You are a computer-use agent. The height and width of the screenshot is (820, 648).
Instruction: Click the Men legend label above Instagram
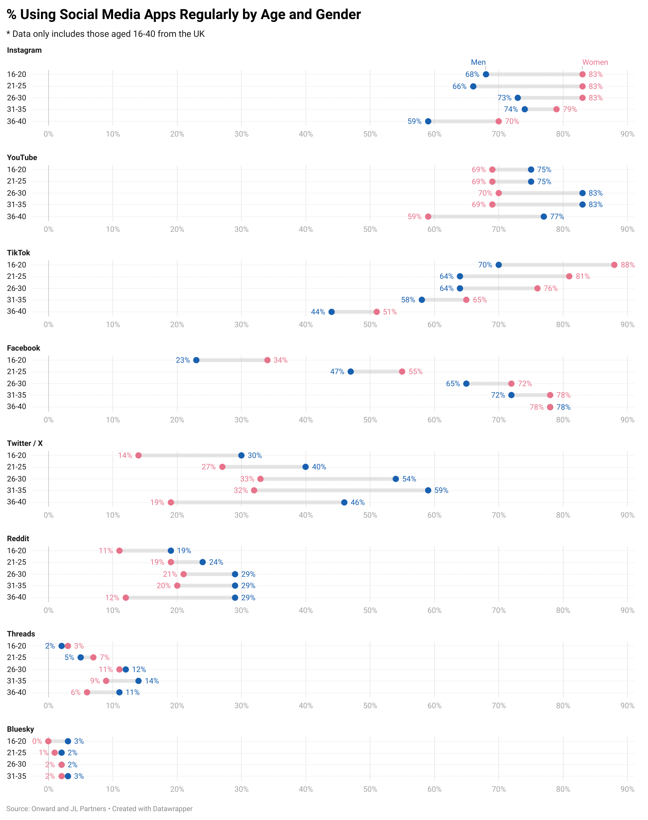point(478,62)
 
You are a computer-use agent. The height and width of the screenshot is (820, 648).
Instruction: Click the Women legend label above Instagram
point(595,62)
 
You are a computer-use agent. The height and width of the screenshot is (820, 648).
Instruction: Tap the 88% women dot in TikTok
point(614,265)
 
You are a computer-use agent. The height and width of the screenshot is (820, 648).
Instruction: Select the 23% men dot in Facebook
point(196,360)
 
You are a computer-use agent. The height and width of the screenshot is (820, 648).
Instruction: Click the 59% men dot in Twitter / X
point(428,490)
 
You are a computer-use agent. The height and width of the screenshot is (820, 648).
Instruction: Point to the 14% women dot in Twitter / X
point(138,455)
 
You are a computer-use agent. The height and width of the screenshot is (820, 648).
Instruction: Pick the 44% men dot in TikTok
point(332,312)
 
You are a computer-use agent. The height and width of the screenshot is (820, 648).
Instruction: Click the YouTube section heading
point(22,158)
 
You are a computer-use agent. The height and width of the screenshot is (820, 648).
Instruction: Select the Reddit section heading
point(18,539)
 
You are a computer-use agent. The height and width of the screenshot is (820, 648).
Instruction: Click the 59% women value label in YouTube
point(414,217)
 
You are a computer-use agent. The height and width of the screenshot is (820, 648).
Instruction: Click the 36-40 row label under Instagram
point(17,121)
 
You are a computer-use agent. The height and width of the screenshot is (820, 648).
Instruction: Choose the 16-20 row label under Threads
point(17,646)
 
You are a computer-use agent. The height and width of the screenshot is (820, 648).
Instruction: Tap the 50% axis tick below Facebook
point(370,420)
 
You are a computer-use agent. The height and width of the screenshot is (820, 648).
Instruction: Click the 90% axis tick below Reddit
point(627,610)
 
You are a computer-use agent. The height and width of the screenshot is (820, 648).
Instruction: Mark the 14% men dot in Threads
point(138,681)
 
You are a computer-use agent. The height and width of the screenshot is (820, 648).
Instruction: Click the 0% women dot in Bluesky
point(48,741)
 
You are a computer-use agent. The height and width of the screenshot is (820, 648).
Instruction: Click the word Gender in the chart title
point(338,14)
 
